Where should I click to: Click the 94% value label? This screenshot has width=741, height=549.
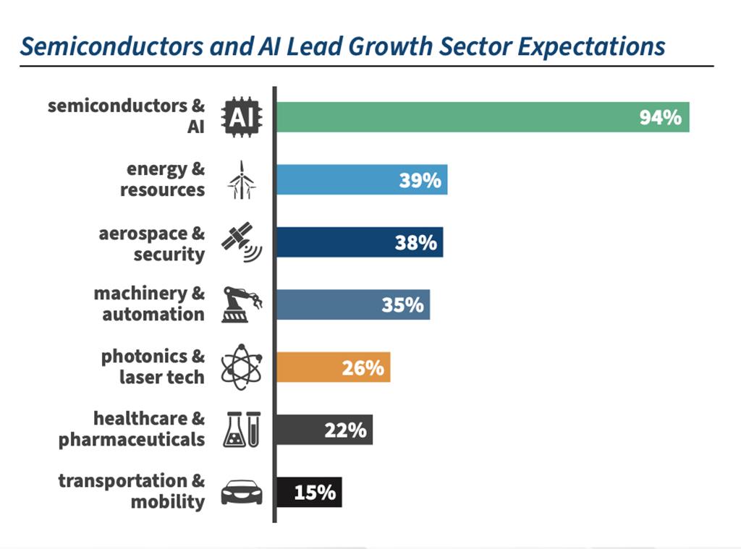click(x=660, y=117)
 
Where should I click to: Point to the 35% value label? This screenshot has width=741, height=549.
click(x=402, y=305)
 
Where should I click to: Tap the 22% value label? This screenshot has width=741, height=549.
click(x=345, y=430)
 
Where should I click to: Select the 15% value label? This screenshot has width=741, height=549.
click(x=315, y=493)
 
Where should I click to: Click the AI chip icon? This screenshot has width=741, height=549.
click(x=242, y=118)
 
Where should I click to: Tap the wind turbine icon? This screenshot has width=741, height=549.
click(x=242, y=179)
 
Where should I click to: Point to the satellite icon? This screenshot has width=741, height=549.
click(x=242, y=242)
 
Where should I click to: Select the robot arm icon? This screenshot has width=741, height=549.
click(x=242, y=305)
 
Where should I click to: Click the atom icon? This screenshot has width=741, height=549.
click(x=242, y=367)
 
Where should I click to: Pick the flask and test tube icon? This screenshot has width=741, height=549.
click(x=242, y=430)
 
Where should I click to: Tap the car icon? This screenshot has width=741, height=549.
click(x=242, y=493)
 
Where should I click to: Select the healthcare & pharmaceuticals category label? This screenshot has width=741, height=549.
click(x=132, y=429)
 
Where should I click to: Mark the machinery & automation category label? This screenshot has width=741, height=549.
click(x=149, y=304)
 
